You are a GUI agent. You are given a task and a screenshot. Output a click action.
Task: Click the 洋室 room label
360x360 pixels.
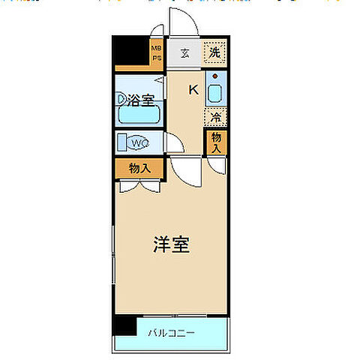click(x=170, y=244)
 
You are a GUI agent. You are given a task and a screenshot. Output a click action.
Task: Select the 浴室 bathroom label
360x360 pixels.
click(x=139, y=98)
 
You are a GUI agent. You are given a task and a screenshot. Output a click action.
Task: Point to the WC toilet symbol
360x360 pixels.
click(x=139, y=142)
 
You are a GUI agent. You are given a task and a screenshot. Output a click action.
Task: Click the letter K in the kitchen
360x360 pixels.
click(x=193, y=90)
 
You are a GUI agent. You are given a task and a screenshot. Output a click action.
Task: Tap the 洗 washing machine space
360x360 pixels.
click(x=215, y=53)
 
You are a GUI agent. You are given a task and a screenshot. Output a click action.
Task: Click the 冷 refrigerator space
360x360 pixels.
click(x=216, y=117)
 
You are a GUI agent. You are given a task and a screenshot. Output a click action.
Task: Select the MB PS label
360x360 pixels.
click(x=157, y=53)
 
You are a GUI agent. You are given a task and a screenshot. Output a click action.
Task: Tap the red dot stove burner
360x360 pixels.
click(x=216, y=77)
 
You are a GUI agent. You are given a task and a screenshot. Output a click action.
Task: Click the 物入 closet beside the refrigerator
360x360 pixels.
click(x=216, y=142)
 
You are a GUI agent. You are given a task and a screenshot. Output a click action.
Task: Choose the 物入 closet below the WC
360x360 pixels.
click(x=139, y=168)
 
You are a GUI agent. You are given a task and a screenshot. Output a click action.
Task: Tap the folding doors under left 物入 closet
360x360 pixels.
click(x=139, y=184)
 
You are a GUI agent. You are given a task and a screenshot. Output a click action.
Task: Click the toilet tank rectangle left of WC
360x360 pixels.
click(x=120, y=142)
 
